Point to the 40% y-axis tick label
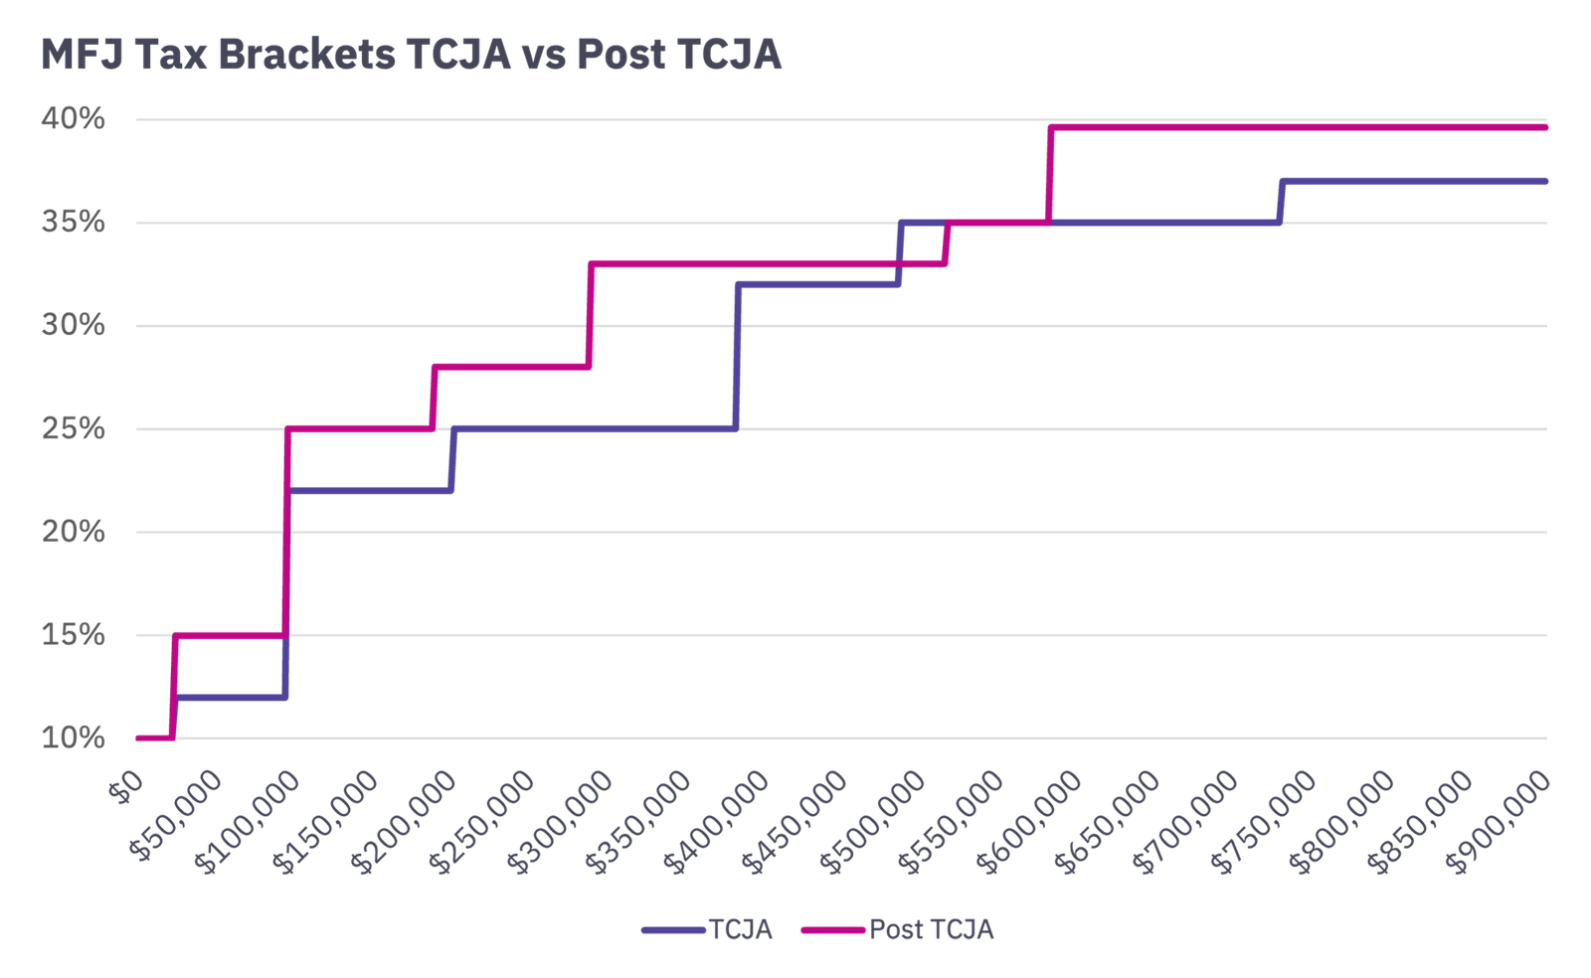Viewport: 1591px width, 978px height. click(73, 119)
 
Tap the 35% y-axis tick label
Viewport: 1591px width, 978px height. click(73, 222)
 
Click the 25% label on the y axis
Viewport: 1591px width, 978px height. click(73, 428)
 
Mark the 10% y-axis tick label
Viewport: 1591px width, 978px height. click(73, 737)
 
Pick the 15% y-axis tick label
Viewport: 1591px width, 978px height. click(73, 634)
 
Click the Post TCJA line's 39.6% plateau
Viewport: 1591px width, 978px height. click(1293, 127)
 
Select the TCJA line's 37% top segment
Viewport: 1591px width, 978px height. click(1412, 181)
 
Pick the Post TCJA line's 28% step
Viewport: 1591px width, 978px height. click(511, 367)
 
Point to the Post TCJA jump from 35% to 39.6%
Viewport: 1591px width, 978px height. click(1049, 174)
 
